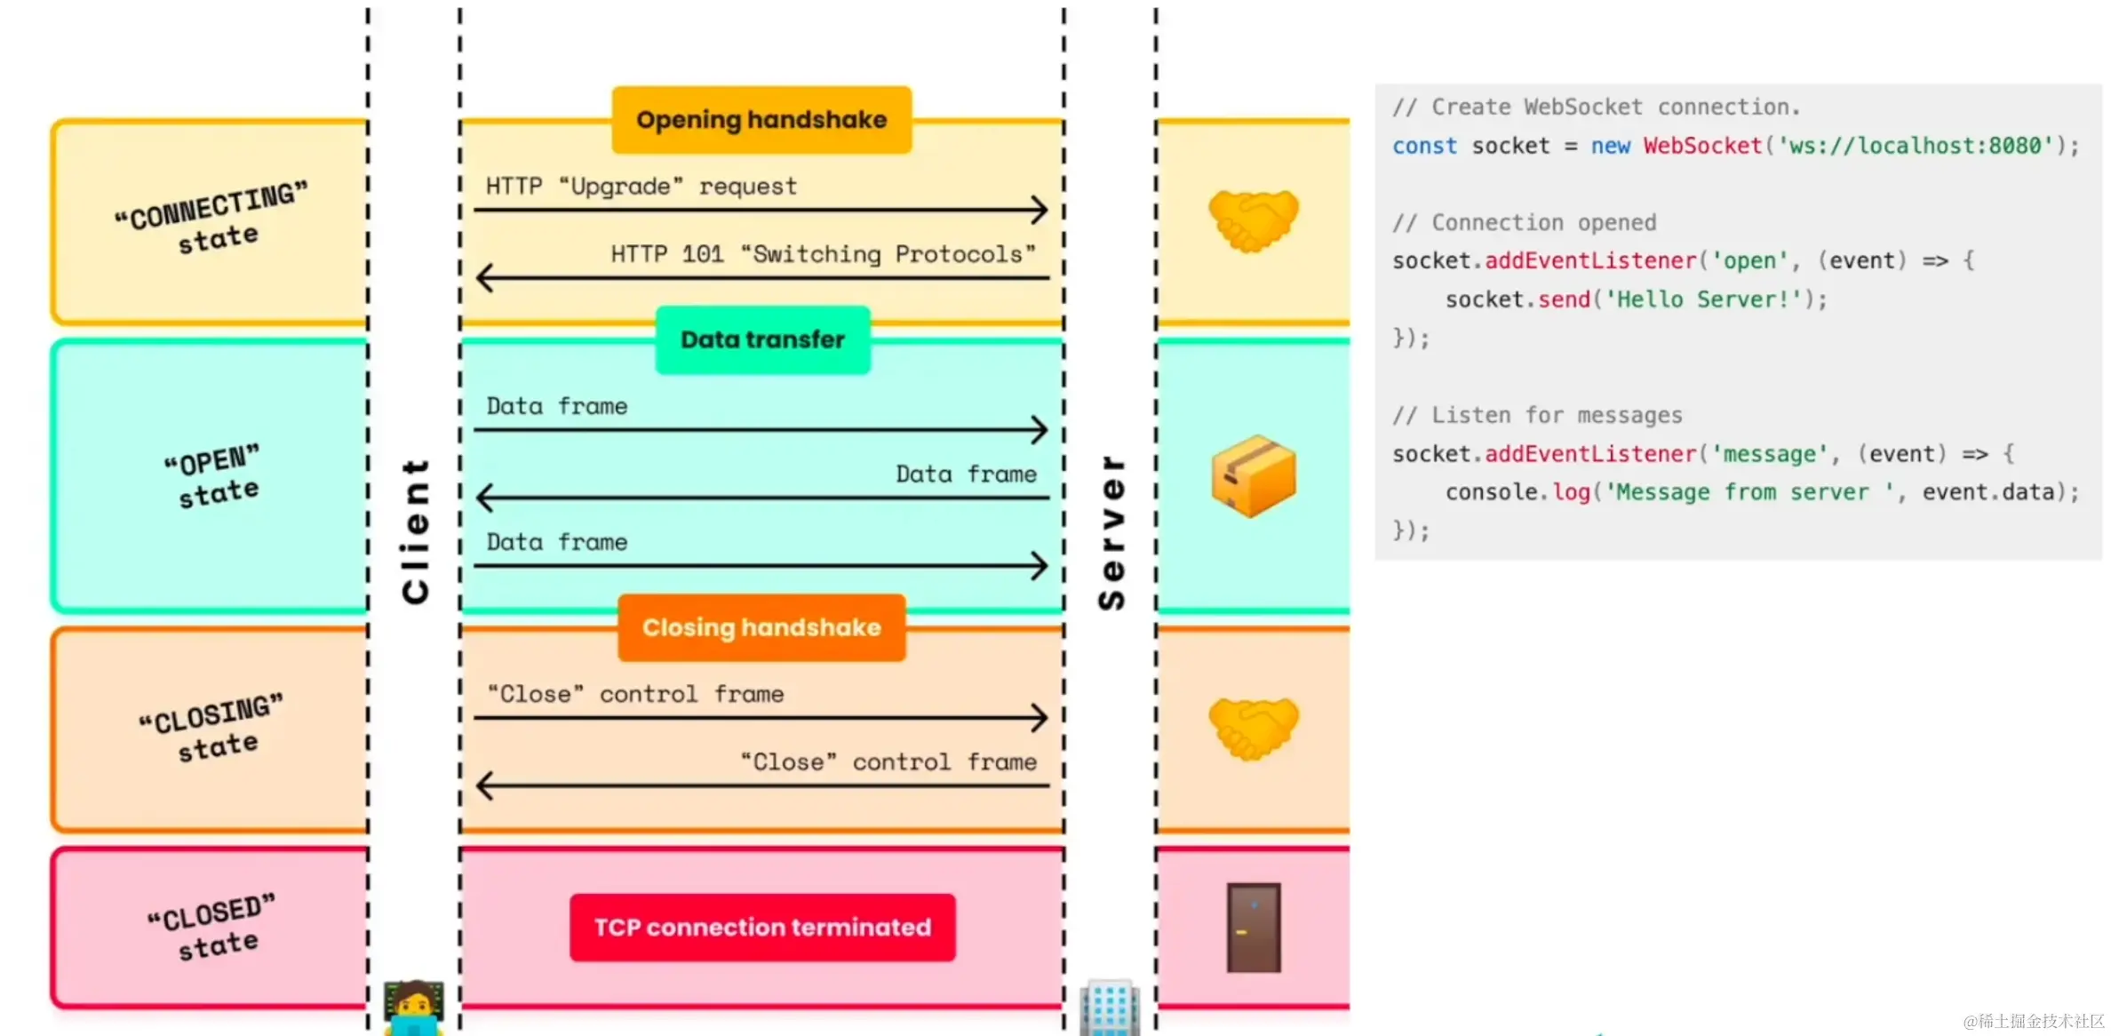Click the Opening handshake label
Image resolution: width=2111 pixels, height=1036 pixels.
[x=761, y=120]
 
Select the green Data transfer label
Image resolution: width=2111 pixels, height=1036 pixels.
[x=762, y=339]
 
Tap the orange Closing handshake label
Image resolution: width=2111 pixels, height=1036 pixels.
[x=761, y=627]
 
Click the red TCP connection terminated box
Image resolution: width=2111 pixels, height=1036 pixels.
[x=762, y=928]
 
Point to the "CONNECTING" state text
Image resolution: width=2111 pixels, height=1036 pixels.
[x=213, y=218]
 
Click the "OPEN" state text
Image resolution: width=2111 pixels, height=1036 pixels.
[x=214, y=475]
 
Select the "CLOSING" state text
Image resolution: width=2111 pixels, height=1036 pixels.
[x=213, y=727]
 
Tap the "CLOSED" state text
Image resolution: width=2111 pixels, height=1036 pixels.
[x=213, y=927]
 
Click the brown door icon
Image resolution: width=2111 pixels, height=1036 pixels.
[x=1254, y=928]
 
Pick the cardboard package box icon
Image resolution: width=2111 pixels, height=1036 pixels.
[x=1254, y=476]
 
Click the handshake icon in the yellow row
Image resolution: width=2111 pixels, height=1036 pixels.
[x=1254, y=220]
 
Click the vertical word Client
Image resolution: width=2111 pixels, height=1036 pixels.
[x=416, y=531]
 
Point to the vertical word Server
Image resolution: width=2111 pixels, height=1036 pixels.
[x=1111, y=532]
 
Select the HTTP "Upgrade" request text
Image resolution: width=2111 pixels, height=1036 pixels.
[x=641, y=187]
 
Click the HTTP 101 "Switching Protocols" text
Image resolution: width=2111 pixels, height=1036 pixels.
[x=824, y=254]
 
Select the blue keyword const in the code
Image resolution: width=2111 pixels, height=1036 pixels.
[x=1425, y=146]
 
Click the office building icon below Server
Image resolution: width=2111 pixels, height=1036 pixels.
[x=1110, y=1008]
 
